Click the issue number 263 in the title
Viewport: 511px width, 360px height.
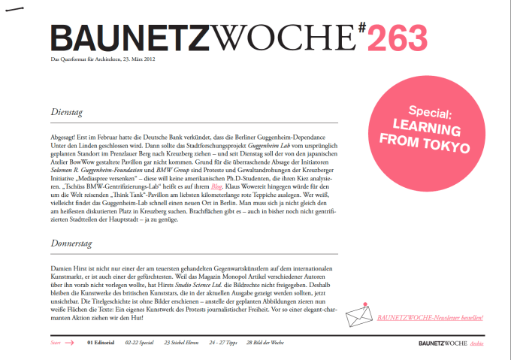(398, 38)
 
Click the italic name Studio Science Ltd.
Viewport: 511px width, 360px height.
(198, 285)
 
